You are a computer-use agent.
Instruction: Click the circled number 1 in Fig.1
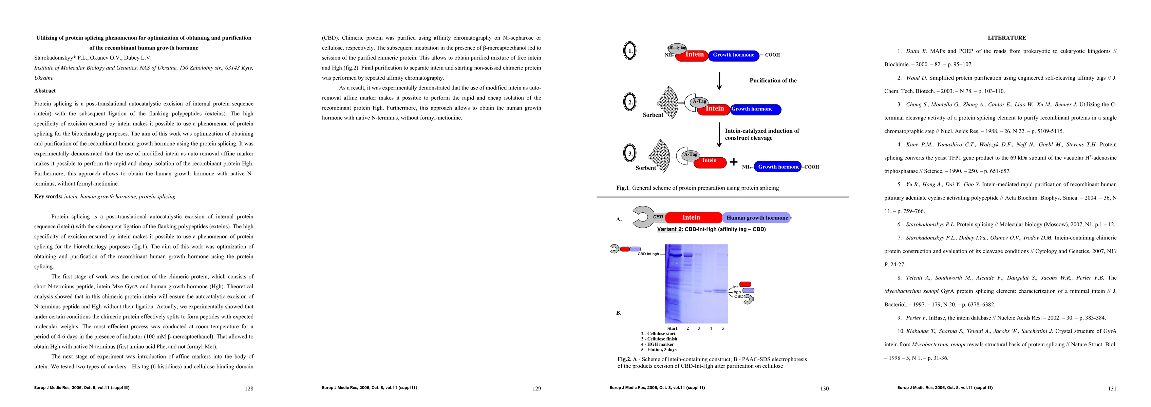pyautogui.click(x=630, y=51)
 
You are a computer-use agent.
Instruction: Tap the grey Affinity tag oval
pyautogui.click(x=677, y=47)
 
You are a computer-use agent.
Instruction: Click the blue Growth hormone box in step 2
pyautogui.click(x=756, y=109)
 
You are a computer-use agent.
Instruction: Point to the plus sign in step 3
pyautogui.click(x=734, y=162)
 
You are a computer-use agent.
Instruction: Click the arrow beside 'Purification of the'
pyautogui.click(x=719, y=81)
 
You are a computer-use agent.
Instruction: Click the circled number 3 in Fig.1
pyautogui.click(x=630, y=154)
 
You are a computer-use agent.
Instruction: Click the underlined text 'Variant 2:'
pyautogui.click(x=670, y=229)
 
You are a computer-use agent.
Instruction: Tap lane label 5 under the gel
pyautogui.click(x=723, y=328)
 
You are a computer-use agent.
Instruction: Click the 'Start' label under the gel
pyautogui.click(x=672, y=328)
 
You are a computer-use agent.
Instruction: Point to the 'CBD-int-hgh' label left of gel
pyautogui.click(x=648, y=254)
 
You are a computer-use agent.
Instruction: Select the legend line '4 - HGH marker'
pyautogui.click(x=657, y=345)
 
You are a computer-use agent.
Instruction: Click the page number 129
pyautogui.click(x=536, y=389)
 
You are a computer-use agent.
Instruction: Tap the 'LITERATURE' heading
pyautogui.click(x=1007, y=38)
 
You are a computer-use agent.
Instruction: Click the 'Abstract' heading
pyautogui.click(x=45, y=91)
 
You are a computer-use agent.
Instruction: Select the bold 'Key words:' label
pyautogui.click(x=48, y=197)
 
